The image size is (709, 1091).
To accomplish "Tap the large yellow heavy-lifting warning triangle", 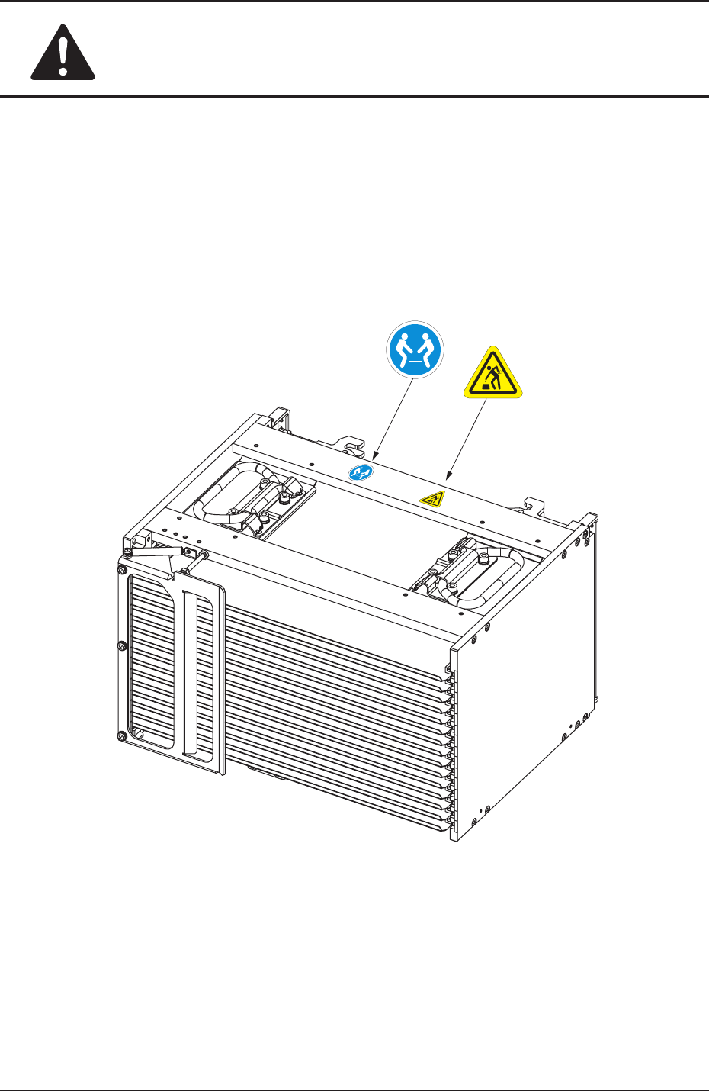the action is point(492,374).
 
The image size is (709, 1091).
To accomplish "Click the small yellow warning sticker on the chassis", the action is point(432,499).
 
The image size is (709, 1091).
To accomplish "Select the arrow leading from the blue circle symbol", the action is point(392,417).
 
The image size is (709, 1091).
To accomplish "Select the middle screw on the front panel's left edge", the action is point(122,646).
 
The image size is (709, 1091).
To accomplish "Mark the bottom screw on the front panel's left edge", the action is point(122,736).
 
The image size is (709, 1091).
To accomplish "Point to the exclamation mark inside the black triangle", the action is point(63,54).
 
